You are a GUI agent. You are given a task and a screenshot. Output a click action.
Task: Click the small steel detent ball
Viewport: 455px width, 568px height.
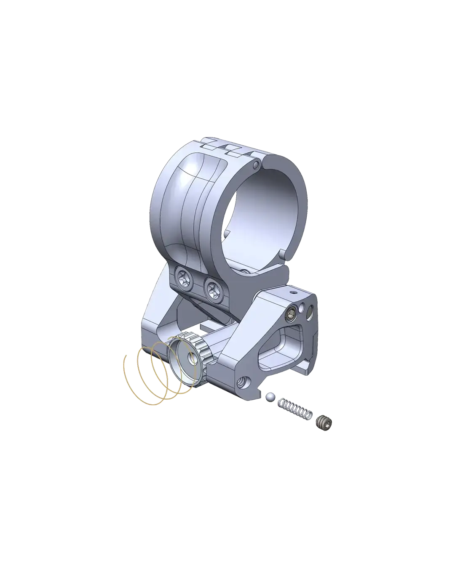(x=270, y=396)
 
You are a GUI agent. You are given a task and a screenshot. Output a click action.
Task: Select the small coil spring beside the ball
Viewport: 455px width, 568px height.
(x=295, y=409)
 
